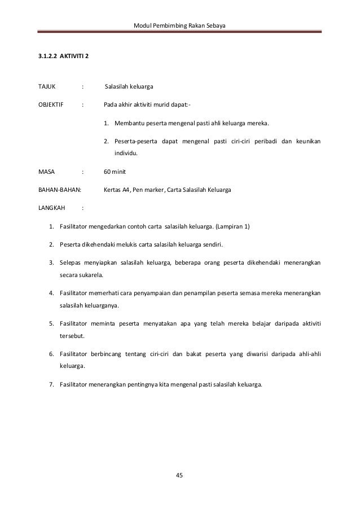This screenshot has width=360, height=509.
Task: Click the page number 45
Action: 180,475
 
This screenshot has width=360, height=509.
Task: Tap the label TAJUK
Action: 46,87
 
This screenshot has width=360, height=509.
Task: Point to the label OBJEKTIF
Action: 50,104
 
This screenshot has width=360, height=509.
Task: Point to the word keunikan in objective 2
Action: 307,141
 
